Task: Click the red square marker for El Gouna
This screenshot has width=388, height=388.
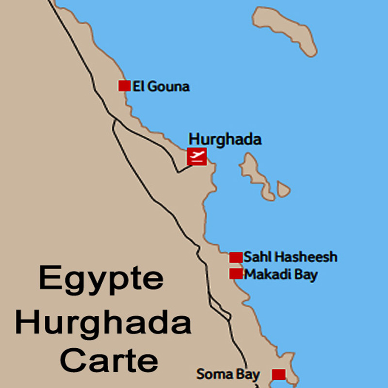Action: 125,86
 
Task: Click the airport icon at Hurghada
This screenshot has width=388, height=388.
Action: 197,156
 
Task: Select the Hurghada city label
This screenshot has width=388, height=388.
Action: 225,140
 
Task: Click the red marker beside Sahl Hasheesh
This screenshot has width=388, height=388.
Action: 236,257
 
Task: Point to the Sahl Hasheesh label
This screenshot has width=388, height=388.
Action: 290,257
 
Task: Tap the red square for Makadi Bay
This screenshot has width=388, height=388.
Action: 236,274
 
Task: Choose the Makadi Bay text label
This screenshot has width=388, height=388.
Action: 281,275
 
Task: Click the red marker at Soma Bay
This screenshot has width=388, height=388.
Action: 278,374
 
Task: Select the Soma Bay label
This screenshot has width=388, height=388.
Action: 228,374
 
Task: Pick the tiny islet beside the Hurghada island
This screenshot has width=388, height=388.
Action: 284,189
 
